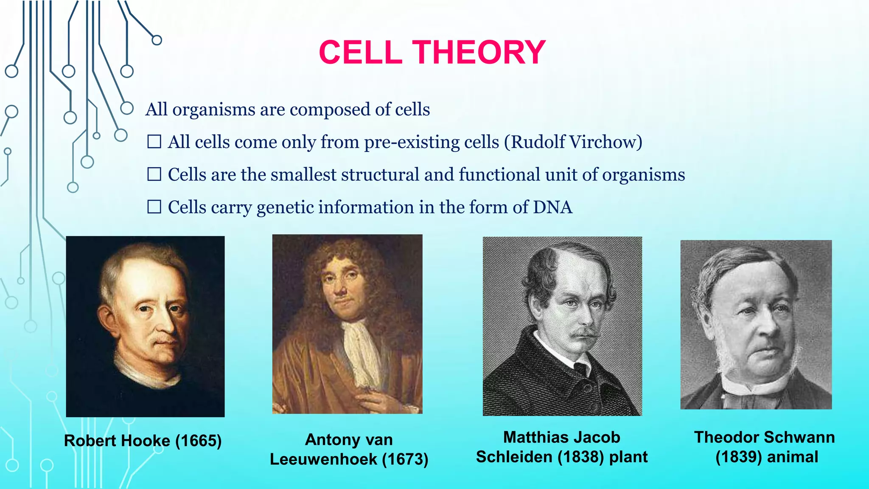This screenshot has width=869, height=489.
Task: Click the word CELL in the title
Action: tap(360, 53)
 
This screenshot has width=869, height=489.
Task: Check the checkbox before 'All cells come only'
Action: tap(154, 142)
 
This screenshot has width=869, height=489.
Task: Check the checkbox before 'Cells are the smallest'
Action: tap(154, 174)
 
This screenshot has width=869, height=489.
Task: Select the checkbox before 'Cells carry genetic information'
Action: tap(154, 207)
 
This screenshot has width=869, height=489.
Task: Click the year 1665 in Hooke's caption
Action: tap(198, 441)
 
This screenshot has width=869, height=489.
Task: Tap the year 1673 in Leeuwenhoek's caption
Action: tap(405, 459)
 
